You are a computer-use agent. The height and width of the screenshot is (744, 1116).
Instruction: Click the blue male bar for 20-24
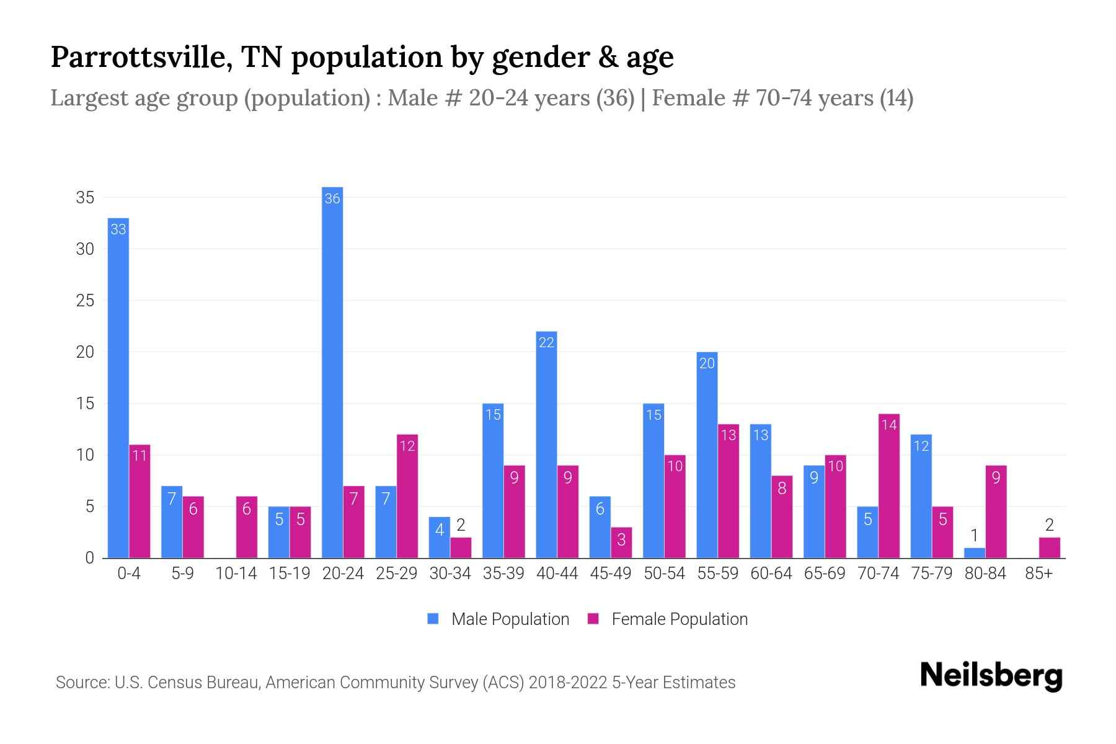point(332,372)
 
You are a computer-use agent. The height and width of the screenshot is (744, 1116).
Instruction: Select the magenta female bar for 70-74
point(889,486)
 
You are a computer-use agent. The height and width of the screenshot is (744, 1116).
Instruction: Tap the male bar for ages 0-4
point(118,387)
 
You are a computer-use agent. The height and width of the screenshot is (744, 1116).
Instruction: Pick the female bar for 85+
point(1049,548)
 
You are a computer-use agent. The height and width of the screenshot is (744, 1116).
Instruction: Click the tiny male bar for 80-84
point(975,553)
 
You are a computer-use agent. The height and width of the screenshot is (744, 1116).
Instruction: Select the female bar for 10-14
point(247,527)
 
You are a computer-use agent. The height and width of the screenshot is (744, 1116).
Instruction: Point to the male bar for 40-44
point(546,445)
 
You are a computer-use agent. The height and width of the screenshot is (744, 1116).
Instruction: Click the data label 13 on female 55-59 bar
point(728,435)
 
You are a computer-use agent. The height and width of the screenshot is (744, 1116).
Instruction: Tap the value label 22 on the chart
point(546,342)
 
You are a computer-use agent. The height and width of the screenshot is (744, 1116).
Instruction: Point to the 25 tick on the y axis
point(85,301)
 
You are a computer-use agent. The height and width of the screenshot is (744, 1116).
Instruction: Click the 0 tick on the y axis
point(89,558)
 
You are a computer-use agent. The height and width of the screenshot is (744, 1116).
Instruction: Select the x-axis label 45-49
point(610,573)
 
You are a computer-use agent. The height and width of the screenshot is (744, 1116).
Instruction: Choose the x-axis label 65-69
point(824,573)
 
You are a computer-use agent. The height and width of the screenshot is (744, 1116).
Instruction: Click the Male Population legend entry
point(510,619)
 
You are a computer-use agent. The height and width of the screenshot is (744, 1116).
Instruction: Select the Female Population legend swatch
point(593,619)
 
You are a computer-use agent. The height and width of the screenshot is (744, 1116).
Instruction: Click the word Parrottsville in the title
point(141,57)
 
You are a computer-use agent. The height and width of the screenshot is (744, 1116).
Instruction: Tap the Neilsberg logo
point(991,676)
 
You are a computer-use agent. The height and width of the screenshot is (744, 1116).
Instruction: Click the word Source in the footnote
point(80,683)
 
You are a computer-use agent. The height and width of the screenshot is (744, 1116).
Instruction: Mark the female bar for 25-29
point(407,496)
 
